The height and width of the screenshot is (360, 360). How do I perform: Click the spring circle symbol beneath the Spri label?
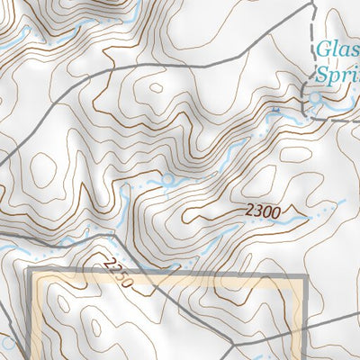click(318, 100)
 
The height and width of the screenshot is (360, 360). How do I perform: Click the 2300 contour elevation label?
click(263, 211)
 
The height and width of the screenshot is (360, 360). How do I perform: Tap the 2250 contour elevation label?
click(118, 274)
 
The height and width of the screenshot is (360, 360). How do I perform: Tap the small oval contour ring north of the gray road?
click(156, 88)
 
